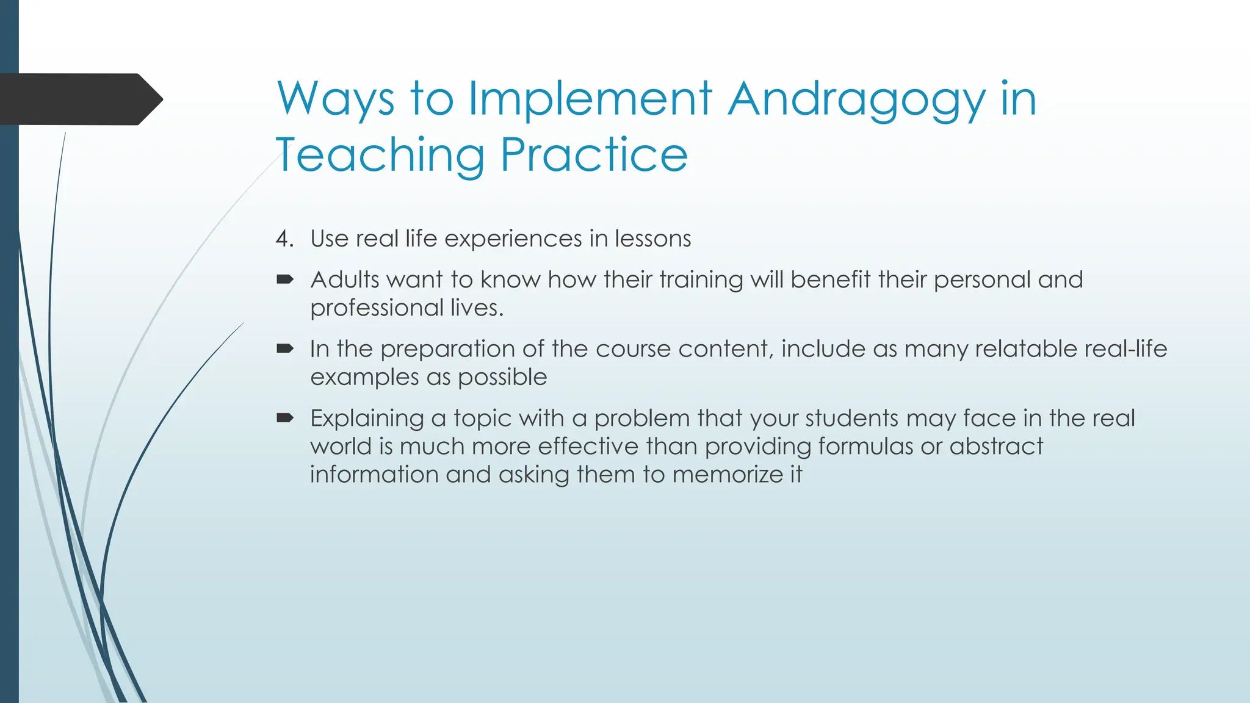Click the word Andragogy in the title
(x=856, y=99)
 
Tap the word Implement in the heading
(x=590, y=99)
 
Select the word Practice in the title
(x=594, y=155)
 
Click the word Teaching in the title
(x=380, y=155)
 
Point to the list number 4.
(x=283, y=239)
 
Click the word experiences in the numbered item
(x=513, y=239)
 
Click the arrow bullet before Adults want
(x=285, y=280)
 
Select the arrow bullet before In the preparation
(x=285, y=349)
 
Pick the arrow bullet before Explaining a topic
(x=285, y=419)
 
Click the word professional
(x=376, y=308)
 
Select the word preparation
(x=447, y=349)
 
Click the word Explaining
(x=367, y=419)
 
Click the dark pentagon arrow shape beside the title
(x=79, y=99)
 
